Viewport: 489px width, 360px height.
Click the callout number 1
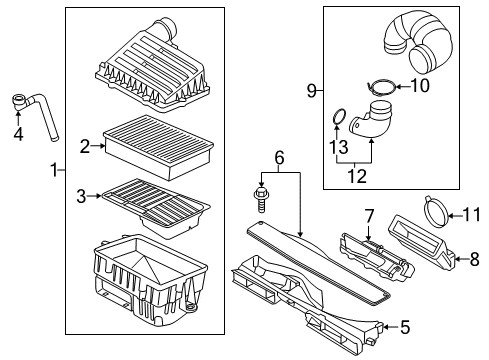pyautogui.click(x=54, y=170)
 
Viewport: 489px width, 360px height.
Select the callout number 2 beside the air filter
pyautogui.click(x=85, y=146)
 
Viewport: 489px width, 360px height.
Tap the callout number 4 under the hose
pyautogui.click(x=18, y=134)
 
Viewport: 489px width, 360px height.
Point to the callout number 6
pyautogui.click(x=279, y=157)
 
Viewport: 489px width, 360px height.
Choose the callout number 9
pyautogui.click(x=312, y=90)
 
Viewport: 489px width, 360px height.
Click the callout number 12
pyautogui.click(x=357, y=176)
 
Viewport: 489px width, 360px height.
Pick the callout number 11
pyautogui.click(x=472, y=214)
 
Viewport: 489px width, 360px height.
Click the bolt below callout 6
pyautogui.click(x=261, y=200)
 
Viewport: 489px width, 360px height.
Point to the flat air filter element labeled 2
pyautogui.click(x=159, y=147)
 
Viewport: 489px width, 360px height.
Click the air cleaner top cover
pyautogui.click(x=153, y=67)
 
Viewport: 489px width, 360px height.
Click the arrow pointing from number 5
pyautogui.click(x=391, y=327)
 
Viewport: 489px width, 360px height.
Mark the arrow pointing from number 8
pyautogui.click(x=461, y=258)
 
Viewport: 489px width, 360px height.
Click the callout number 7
pyautogui.click(x=369, y=216)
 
